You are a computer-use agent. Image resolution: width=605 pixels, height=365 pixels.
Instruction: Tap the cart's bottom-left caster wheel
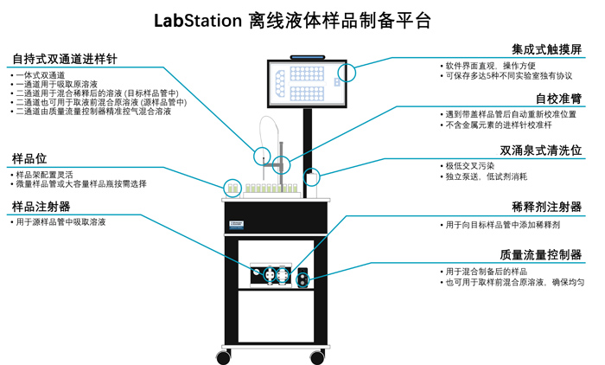(225, 355)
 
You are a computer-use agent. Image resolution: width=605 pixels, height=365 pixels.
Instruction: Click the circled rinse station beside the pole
(313, 178)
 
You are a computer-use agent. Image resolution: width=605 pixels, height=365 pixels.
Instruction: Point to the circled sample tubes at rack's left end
(232, 187)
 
